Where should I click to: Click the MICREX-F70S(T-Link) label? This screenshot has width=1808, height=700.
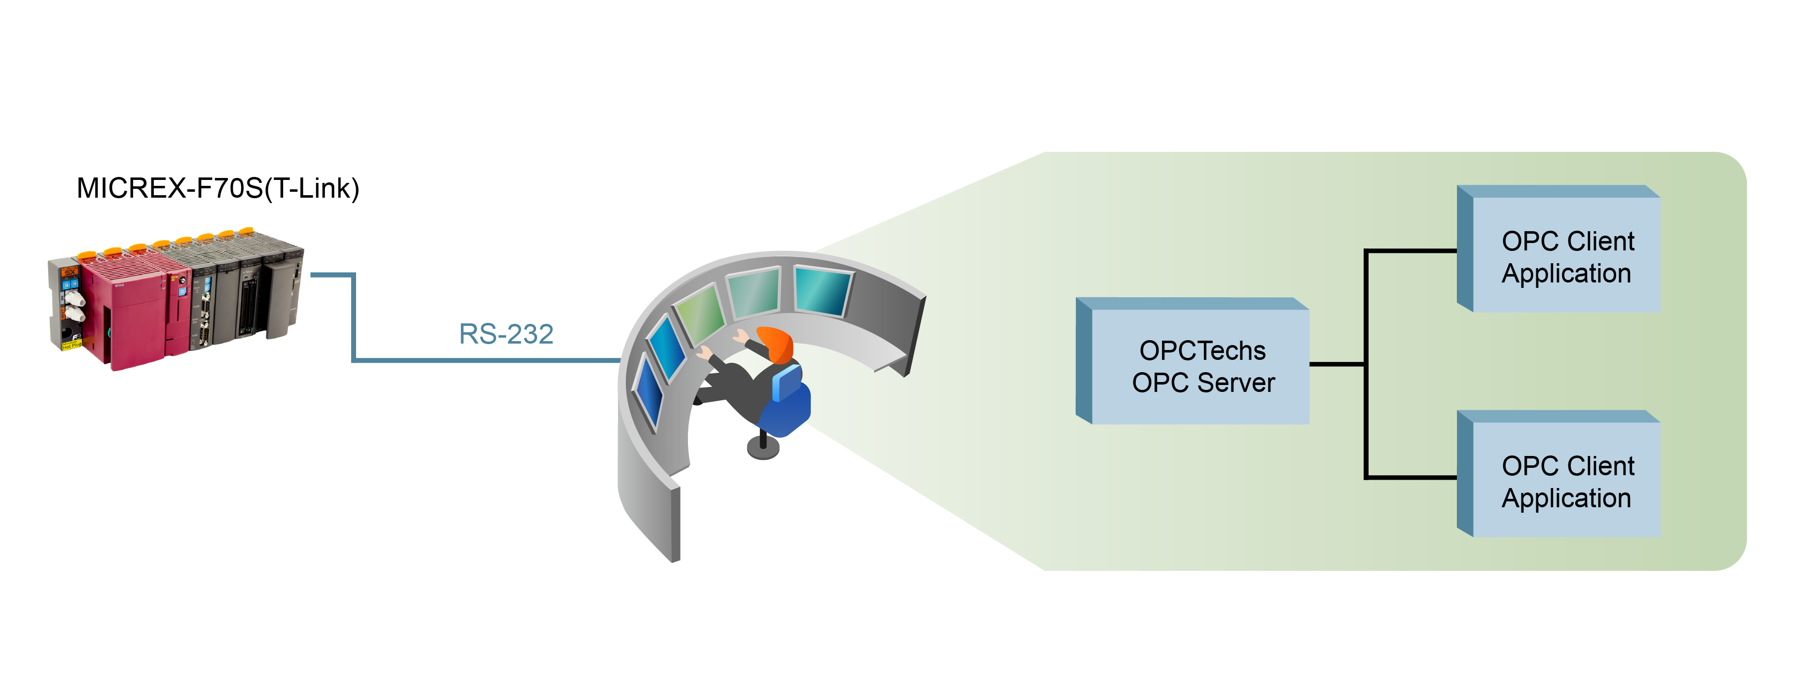[217, 188]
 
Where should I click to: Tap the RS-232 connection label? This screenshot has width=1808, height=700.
[506, 334]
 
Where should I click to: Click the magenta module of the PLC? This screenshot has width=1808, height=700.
[133, 315]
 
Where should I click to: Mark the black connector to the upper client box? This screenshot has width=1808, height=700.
[1411, 250]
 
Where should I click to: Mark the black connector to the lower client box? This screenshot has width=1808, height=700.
[1411, 477]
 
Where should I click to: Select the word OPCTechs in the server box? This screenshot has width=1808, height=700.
[1202, 350]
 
